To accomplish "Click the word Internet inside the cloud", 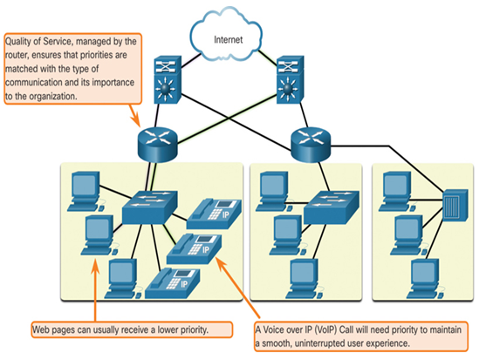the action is pos(228,39).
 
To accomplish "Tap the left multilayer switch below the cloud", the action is pos(168,80).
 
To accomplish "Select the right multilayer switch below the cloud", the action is pos(290,80).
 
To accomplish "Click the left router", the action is pos(157,145).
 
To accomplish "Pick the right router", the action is pos(311,145).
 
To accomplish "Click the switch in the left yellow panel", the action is pos(150,207).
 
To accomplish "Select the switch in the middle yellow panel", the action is pos(332,207).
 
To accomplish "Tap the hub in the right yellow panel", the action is pos(455,205).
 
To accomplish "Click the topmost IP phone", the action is pos(214,214).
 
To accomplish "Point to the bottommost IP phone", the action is pos(173,283).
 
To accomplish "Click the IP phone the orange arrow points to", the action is pos(195,249).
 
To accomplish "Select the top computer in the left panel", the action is pos(86,191).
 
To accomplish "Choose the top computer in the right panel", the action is pos(397,191).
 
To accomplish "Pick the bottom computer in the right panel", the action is pos(425,279).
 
